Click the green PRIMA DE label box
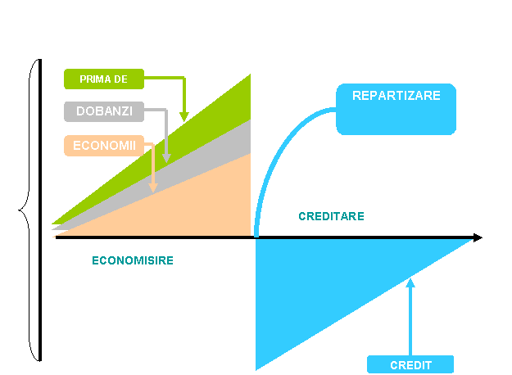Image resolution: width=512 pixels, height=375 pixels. (104, 79)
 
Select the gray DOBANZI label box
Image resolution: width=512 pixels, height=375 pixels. (104, 111)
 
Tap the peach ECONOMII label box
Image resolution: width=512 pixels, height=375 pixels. (104, 145)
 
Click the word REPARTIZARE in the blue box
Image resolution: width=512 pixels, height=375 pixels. (396, 96)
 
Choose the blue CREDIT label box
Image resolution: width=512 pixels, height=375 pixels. (410, 364)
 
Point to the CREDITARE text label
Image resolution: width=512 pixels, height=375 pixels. (331, 217)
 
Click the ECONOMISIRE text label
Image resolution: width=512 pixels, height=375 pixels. (133, 260)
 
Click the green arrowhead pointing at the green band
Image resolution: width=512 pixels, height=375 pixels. (184, 116)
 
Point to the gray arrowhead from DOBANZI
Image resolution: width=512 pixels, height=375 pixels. (166, 157)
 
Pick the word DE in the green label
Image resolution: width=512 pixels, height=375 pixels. (120, 79)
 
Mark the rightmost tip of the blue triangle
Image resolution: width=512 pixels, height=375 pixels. (471, 240)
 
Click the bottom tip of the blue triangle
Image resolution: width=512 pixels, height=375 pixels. (257, 368)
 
